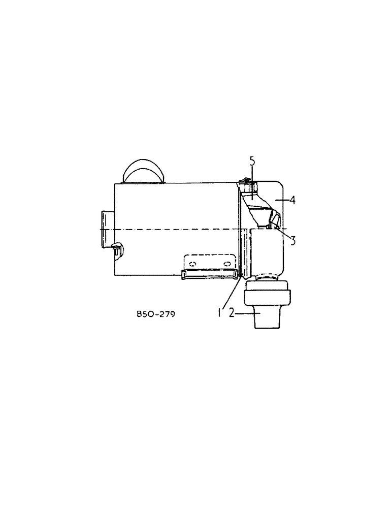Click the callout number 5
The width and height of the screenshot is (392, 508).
coord(252,162)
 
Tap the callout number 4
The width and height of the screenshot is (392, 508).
coord(292,201)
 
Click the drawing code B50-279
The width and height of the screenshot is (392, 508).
coord(156,314)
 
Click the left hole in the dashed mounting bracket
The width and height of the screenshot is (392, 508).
coord(192,263)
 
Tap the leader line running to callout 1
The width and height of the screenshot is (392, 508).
coord(231,294)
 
